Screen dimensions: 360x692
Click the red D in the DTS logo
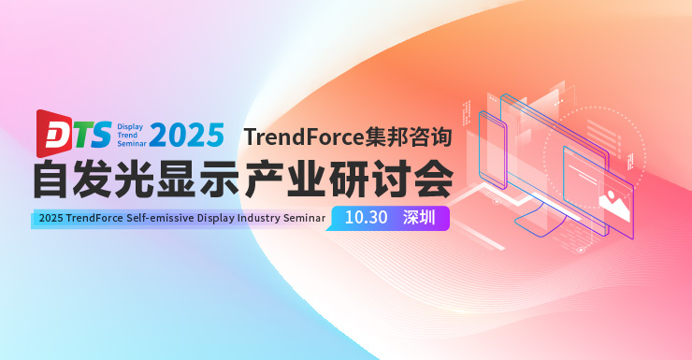(x=50, y=134)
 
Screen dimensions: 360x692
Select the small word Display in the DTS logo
(x=129, y=124)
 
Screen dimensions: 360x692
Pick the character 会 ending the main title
(x=433, y=180)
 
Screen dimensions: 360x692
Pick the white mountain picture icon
(x=616, y=199)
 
